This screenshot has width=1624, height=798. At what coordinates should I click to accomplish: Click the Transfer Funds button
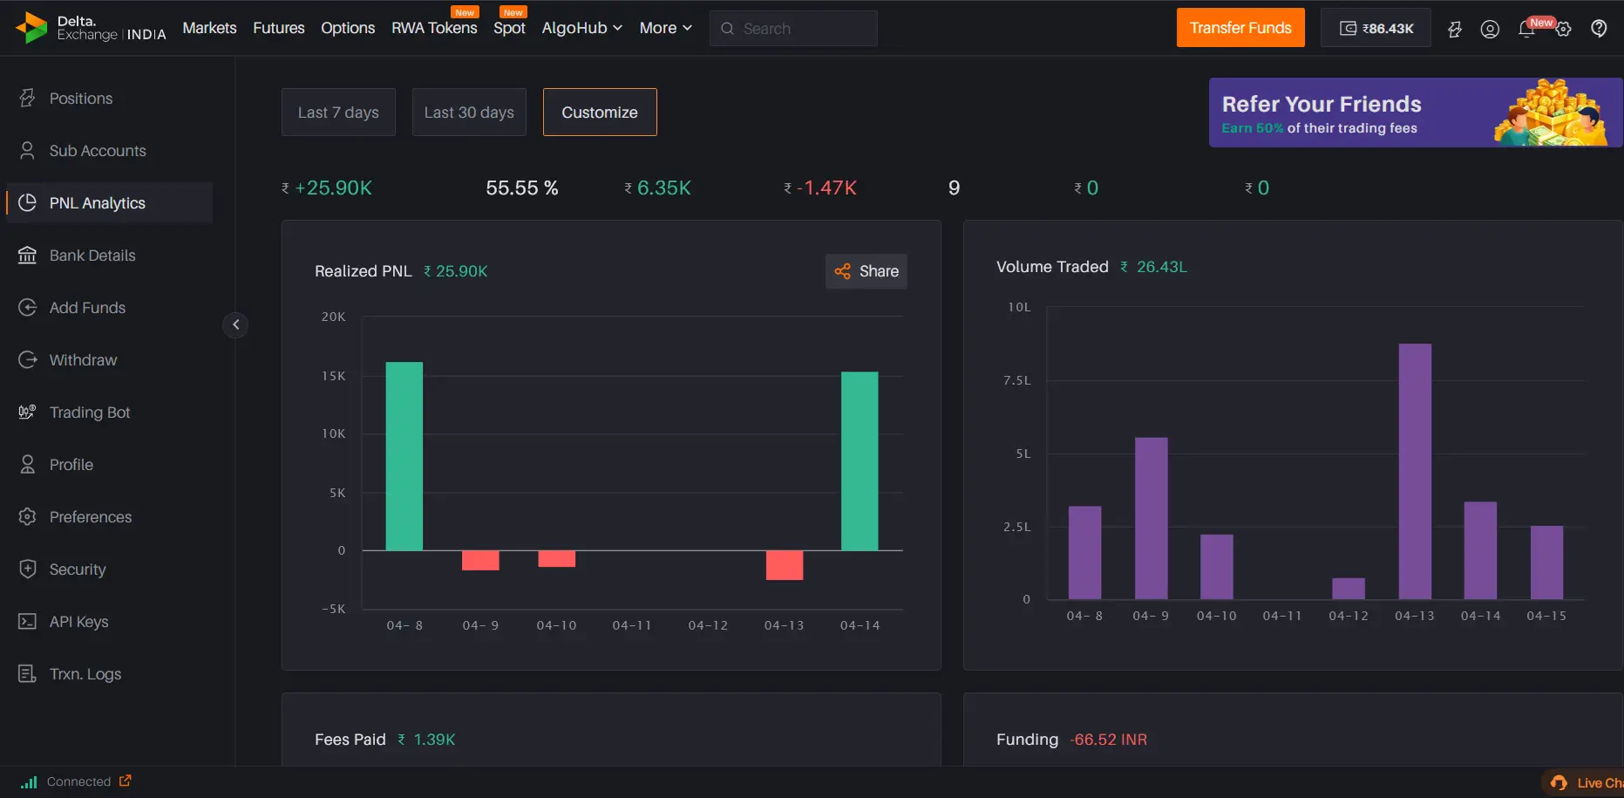(x=1240, y=28)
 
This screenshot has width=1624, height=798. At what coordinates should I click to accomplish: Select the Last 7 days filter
(x=338, y=113)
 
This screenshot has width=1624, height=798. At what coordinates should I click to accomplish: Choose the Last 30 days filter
(x=469, y=113)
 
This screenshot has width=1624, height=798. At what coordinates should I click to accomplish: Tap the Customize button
(x=600, y=113)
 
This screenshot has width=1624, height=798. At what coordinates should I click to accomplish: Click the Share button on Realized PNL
(x=866, y=271)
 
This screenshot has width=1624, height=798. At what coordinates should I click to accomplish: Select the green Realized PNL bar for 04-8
(x=404, y=456)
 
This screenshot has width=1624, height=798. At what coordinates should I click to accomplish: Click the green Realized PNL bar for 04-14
(x=860, y=461)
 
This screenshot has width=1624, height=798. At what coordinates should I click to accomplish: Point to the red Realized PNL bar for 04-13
(x=784, y=565)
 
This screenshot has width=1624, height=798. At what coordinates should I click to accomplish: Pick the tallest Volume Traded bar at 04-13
(x=1415, y=471)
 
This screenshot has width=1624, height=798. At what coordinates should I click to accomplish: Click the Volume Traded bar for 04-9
(x=1151, y=518)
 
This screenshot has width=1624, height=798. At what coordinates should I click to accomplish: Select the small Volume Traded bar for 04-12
(x=1349, y=589)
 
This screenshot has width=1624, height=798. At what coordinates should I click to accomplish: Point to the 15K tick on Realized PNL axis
(x=334, y=376)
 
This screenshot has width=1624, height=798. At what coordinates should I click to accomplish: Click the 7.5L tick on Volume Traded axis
(x=1017, y=380)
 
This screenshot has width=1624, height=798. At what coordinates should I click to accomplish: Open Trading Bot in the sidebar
(x=89, y=413)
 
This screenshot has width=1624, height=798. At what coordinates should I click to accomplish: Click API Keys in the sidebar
(x=78, y=622)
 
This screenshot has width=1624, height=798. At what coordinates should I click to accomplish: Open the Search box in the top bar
(x=793, y=29)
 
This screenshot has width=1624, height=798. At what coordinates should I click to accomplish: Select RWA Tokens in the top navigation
(x=434, y=28)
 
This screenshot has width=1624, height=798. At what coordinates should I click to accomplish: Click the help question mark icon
(x=1599, y=29)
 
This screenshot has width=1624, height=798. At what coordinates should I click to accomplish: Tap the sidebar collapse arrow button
(x=235, y=324)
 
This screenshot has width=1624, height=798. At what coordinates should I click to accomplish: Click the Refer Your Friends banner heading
(x=1322, y=105)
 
